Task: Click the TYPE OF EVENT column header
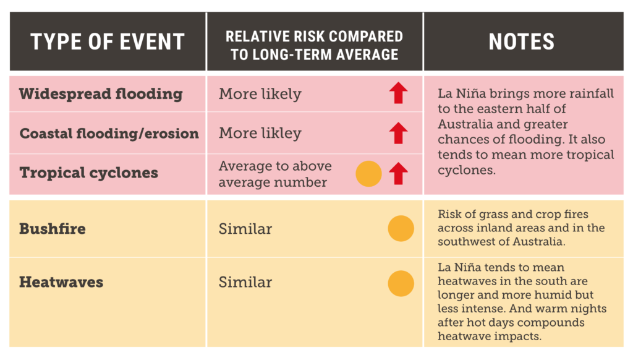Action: [x=108, y=41]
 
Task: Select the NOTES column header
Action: [x=522, y=41]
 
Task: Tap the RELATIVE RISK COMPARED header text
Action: [x=314, y=36]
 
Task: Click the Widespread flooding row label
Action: [x=101, y=94]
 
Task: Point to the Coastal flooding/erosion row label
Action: [x=109, y=134]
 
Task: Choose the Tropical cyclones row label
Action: [x=89, y=173]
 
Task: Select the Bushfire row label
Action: [x=53, y=229]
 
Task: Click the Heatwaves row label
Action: [x=61, y=282]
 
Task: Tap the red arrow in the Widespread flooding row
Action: [x=399, y=93]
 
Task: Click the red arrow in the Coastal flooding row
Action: [x=399, y=133]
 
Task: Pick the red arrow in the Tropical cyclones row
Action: [x=399, y=173]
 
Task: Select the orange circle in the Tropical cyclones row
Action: [x=368, y=174]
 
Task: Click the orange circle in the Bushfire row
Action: [x=401, y=229]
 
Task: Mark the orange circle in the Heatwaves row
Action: [x=401, y=283]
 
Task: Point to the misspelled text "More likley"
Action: [x=260, y=134]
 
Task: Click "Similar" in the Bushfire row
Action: [x=245, y=229]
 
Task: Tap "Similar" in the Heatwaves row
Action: [x=245, y=282]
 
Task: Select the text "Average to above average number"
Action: [x=275, y=174]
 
